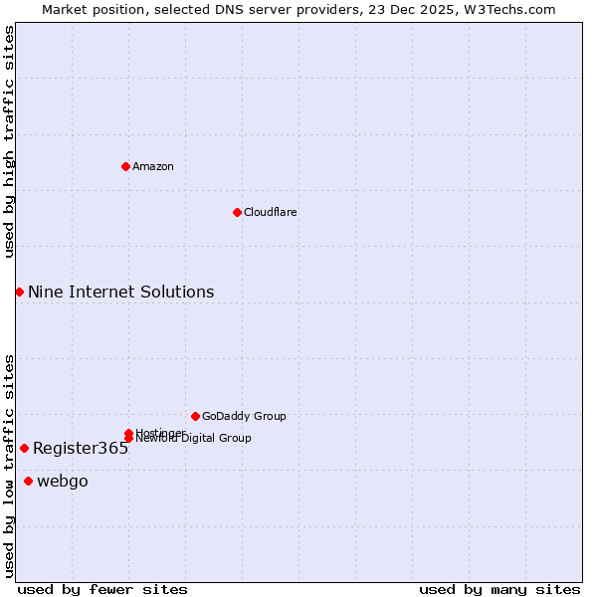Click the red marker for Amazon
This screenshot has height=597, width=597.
(x=125, y=166)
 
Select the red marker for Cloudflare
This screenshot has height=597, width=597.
(x=237, y=212)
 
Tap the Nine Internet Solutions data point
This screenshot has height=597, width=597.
(x=19, y=292)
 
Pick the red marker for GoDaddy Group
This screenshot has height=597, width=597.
(x=195, y=416)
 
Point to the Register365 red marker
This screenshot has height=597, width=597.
(x=24, y=448)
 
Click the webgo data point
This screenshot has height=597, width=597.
(x=28, y=482)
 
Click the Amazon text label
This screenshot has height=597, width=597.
(x=153, y=166)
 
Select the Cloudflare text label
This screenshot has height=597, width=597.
(x=271, y=212)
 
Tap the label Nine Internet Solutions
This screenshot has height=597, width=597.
(x=120, y=292)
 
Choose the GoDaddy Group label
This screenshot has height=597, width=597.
(x=244, y=416)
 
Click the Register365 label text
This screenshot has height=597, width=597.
(x=81, y=448)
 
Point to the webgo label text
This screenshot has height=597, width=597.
(x=63, y=482)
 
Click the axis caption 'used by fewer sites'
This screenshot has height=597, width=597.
(x=102, y=589)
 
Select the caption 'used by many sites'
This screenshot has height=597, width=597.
(x=499, y=589)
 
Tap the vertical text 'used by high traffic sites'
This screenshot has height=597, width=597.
(x=9, y=141)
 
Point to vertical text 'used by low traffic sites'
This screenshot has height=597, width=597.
(x=9, y=466)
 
